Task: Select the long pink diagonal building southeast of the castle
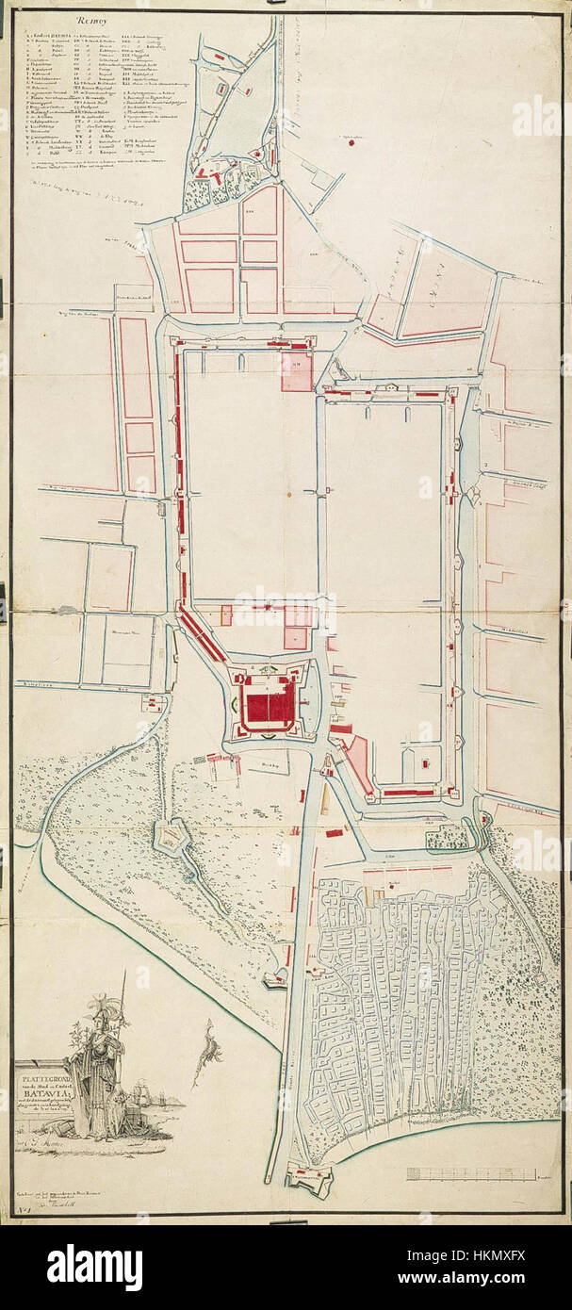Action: click(357, 762)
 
